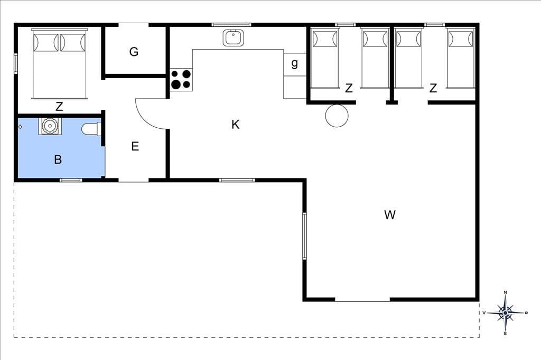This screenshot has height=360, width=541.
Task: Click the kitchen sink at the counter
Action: coord(233,37)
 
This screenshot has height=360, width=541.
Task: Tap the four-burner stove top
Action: coord(181,80)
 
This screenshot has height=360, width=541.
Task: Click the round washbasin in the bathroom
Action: coord(50,126)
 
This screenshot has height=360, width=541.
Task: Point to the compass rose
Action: coord(506,313)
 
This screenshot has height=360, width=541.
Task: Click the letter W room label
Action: coord(389,215)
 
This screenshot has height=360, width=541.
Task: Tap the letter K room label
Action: coord(235,125)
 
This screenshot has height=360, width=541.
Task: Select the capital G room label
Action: coord(134,52)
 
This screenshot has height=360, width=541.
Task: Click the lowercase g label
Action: coord(294,63)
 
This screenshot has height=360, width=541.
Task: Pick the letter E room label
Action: coord(135,146)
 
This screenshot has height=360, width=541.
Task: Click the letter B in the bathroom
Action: coord(58,159)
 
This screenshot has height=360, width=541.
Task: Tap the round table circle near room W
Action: coord(337,116)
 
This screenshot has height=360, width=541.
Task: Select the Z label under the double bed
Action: coord(59,107)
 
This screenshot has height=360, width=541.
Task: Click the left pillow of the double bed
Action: coord(46,42)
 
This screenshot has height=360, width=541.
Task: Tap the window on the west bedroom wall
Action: coord(16,63)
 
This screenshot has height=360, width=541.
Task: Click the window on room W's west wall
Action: coord(305,236)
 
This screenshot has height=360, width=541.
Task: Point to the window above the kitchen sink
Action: coord(231,24)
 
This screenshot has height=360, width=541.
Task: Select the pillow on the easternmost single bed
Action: coord(461,39)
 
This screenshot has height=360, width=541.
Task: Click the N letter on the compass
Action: coord(506,292)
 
